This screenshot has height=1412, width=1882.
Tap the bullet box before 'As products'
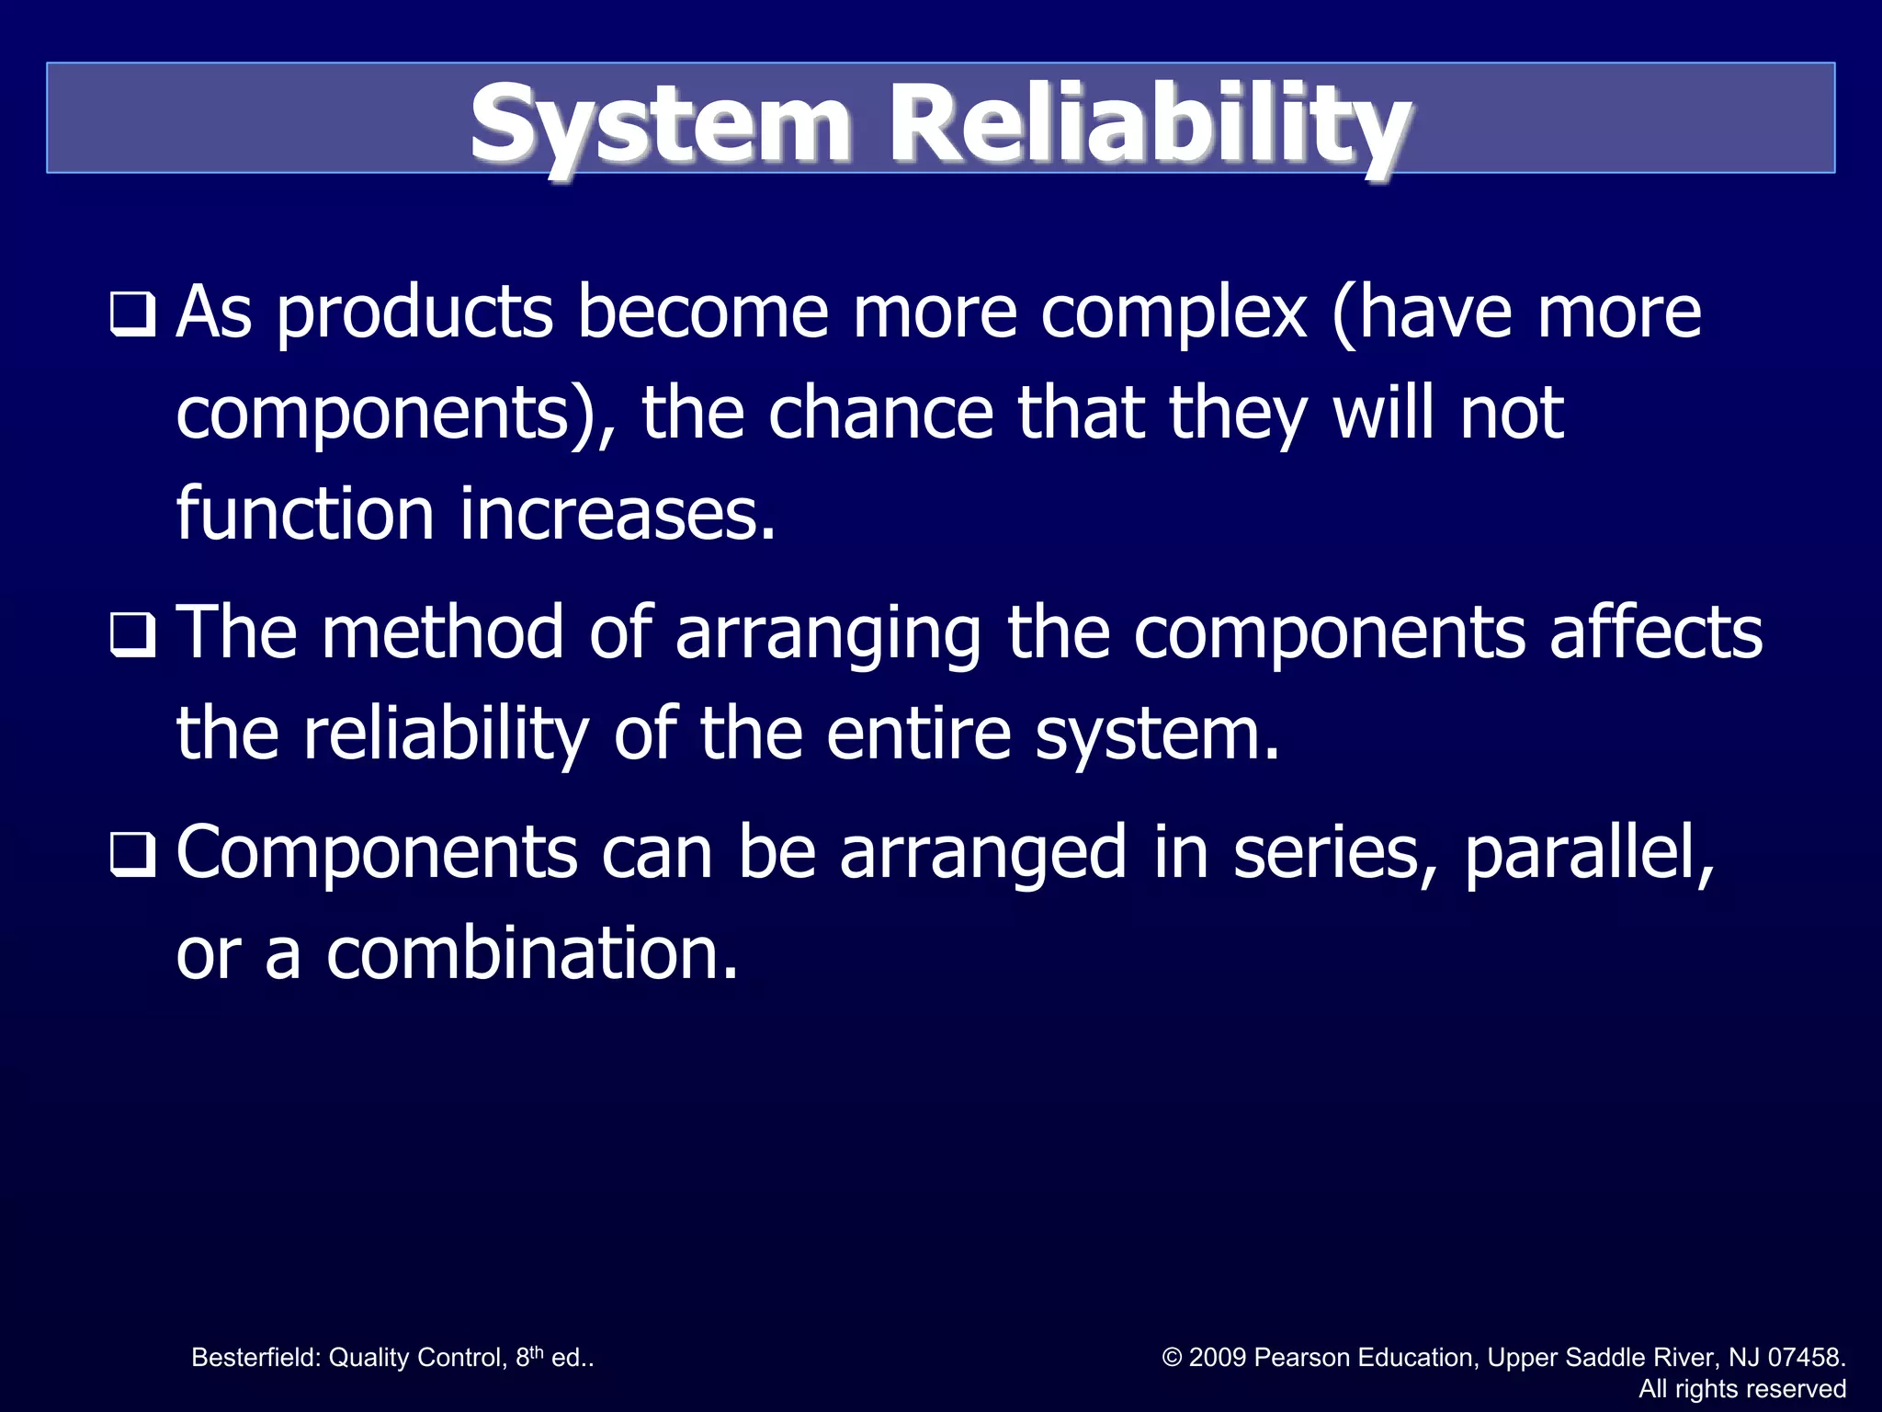pos(132,314)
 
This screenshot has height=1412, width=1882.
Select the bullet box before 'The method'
pos(132,634)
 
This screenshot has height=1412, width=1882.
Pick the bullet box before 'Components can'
pos(132,854)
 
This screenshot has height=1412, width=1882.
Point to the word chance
pos(880,414)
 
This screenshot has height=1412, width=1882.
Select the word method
pos(442,634)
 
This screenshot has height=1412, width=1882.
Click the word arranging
pos(828,634)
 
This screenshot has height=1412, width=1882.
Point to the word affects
pos(1656,634)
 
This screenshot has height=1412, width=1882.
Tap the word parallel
pos(1588,854)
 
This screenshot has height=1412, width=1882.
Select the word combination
pos(532,954)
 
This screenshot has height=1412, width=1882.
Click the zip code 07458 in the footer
pos(1806,1358)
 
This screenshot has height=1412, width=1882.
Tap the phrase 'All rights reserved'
pos(1742,1389)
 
